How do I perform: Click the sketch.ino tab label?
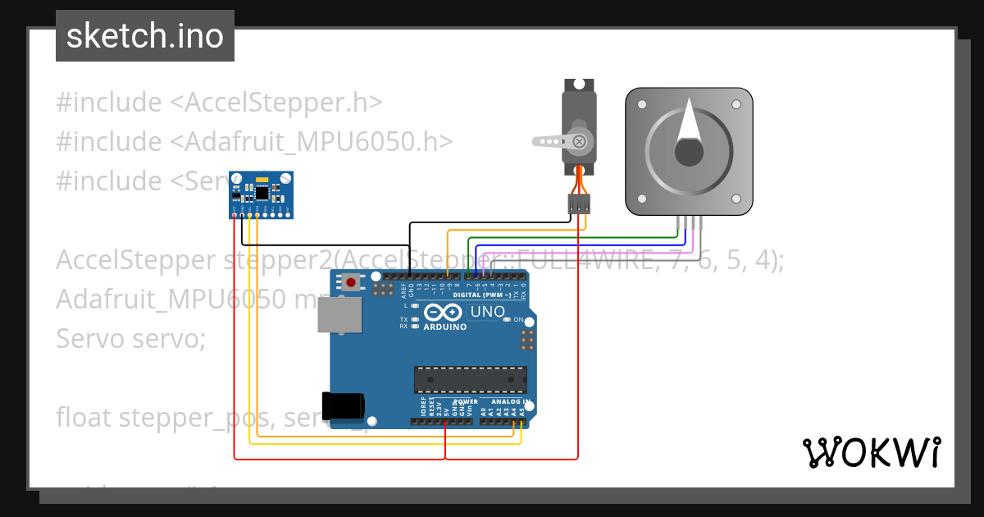click(x=145, y=36)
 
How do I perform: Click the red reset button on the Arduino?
click(x=351, y=282)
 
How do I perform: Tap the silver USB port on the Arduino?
click(x=339, y=314)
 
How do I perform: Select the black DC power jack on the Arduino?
click(x=343, y=406)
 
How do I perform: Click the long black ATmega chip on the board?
click(x=470, y=380)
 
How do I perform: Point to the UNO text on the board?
click(x=486, y=312)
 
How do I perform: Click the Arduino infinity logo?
click(x=444, y=313)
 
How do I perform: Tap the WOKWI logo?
click(x=871, y=452)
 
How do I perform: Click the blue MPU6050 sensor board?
click(x=261, y=194)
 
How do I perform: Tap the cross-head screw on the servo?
click(x=580, y=141)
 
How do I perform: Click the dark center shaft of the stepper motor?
click(x=689, y=153)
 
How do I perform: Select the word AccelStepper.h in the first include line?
click(x=282, y=103)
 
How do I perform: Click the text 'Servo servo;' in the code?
click(x=130, y=337)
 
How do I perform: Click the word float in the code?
click(x=84, y=417)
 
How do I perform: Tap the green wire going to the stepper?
click(x=574, y=239)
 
